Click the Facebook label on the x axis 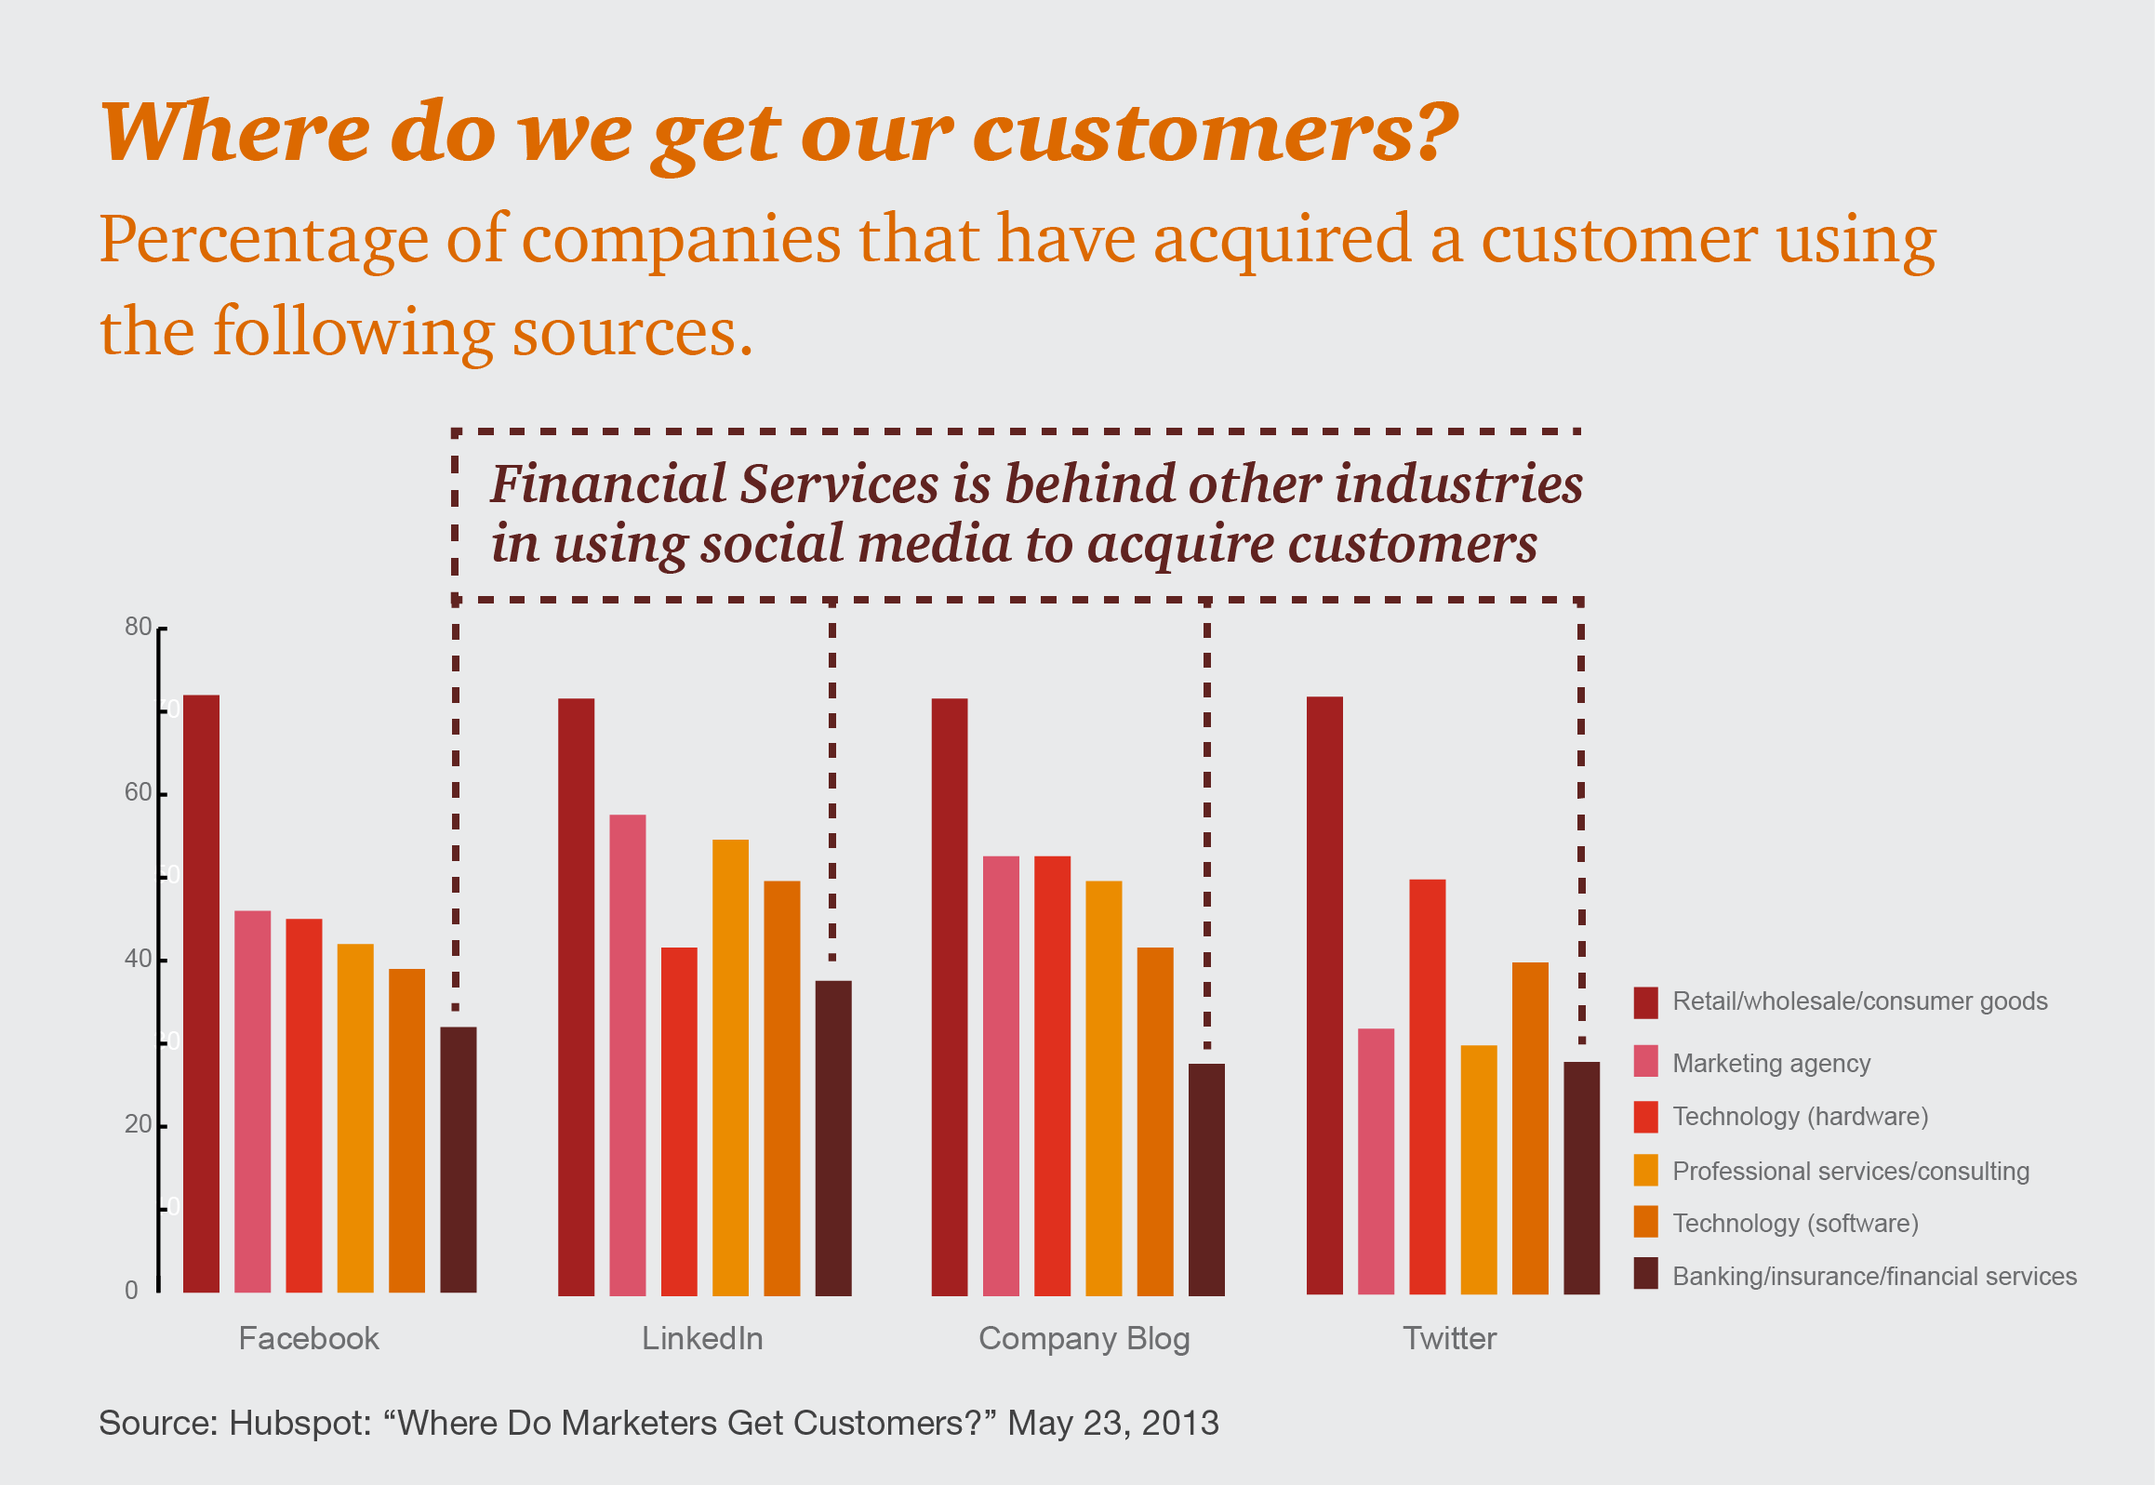pyautogui.click(x=309, y=1338)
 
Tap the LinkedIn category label pyautogui.click(x=702, y=1338)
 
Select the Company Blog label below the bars pyautogui.click(x=1084, y=1340)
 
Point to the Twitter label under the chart pyautogui.click(x=1450, y=1338)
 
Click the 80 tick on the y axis pyautogui.click(x=138, y=626)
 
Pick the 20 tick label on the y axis pyautogui.click(x=138, y=1124)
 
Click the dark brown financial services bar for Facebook pyautogui.click(x=459, y=1160)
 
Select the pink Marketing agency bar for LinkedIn pyautogui.click(x=628, y=1055)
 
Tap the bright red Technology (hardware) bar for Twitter pyautogui.click(x=1428, y=1087)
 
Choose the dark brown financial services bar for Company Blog pyautogui.click(x=1207, y=1180)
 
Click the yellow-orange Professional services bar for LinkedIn pyautogui.click(x=730, y=1068)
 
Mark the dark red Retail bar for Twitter pyautogui.click(x=1325, y=996)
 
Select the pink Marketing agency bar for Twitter pyautogui.click(x=1377, y=1161)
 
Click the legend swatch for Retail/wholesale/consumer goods pyautogui.click(x=1646, y=1003)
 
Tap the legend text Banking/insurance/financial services pyautogui.click(x=1875, y=1277)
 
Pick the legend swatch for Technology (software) pyautogui.click(x=1646, y=1222)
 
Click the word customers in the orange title pyautogui.click(x=1217, y=132)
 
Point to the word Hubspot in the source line pyautogui.click(x=300, y=1424)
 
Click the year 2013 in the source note pyautogui.click(x=1180, y=1423)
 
